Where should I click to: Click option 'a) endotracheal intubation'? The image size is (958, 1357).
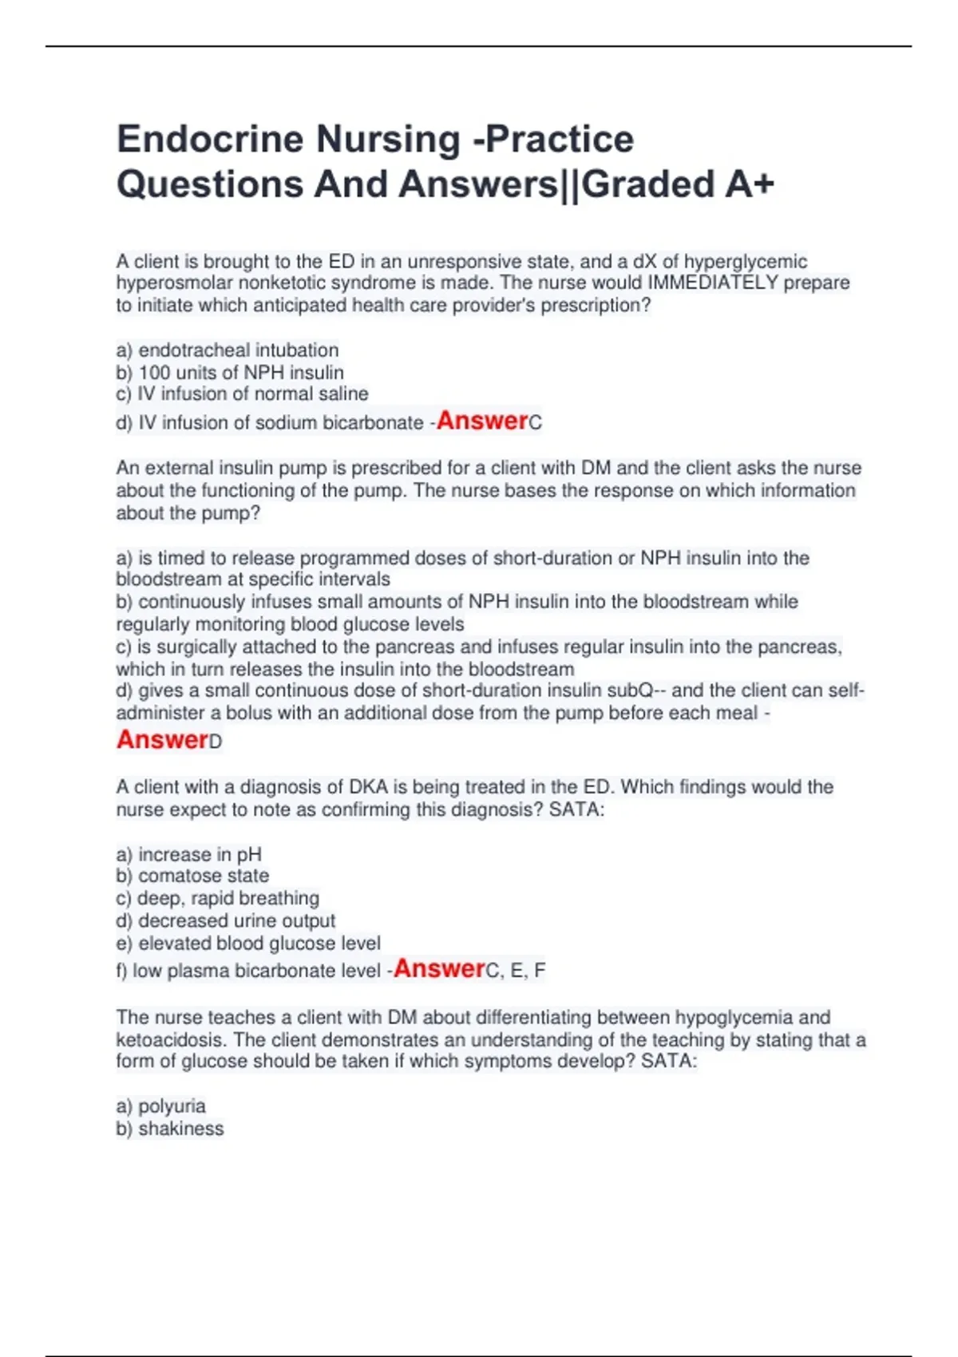click(x=228, y=350)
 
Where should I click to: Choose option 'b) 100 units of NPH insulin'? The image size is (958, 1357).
click(x=230, y=373)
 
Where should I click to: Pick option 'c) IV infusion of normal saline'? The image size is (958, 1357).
click(x=242, y=394)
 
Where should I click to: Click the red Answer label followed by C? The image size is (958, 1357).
click(x=482, y=421)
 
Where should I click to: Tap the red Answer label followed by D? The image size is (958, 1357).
click(x=162, y=740)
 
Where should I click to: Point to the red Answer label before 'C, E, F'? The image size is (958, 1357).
click(x=439, y=969)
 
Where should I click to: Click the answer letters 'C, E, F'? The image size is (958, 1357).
click(x=516, y=971)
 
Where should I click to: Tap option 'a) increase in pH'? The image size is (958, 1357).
click(x=189, y=855)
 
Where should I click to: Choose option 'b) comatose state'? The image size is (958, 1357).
click(x=192, y=876)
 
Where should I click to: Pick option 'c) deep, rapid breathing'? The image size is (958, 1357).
click(x=217, y=898)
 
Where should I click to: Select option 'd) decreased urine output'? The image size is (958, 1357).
click(x=226, y=920)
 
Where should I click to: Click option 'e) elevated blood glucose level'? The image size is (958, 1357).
click(x=248, y=944)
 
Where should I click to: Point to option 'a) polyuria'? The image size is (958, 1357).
click(x=160, y=1106)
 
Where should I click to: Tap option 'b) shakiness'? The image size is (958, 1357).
click(x=170, y=1129)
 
